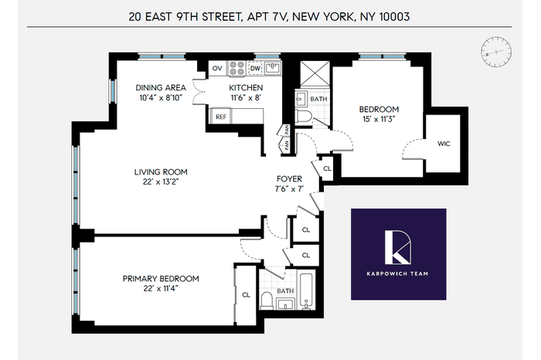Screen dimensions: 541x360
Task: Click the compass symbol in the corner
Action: [x=496, y=52]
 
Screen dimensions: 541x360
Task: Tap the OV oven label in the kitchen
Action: [x=217, y=68]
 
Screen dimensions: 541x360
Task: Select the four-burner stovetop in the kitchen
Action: [x=236, y=68]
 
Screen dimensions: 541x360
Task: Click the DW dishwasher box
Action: [x=255, y=68]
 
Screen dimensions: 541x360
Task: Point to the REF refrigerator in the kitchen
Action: [x=221, y=117]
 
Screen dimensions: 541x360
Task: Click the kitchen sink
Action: [x=273, y=68]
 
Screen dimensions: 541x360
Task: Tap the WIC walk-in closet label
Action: [x=444, y=144]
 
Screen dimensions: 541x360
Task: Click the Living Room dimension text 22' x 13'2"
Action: [x=161, y=182]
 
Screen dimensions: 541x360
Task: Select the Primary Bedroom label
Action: [x=161, y=279]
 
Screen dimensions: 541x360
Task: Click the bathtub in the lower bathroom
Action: [x=306, y=290]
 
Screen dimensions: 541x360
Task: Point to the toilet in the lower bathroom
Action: [x=267, y=301]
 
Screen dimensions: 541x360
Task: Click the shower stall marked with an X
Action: [x=315, y=74]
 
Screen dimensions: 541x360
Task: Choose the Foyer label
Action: [x=289, y=178]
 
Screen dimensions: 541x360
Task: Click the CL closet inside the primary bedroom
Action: [x=246, y=295]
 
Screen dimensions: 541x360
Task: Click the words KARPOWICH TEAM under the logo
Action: [x=397, y=273]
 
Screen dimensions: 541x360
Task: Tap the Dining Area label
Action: [x=161, y=87]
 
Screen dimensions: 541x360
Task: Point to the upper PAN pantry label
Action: [x=287, y=130]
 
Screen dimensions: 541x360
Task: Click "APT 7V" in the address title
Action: [x=267, y=17]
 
